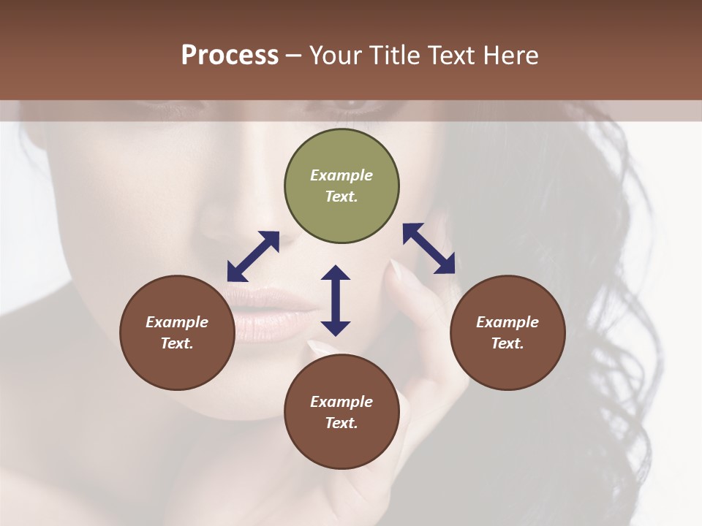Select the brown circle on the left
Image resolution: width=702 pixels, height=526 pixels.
click(177, 332)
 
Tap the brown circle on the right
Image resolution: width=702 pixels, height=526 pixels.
click(507, 332)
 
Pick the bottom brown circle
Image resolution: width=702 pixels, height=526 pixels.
click(341, 412)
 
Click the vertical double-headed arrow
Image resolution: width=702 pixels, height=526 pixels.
click(336, 300)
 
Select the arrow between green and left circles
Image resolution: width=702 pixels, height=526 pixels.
click(253, 256)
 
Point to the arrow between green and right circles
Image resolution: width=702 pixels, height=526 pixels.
click(429, 248)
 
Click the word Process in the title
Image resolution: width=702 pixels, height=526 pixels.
click(230, 56)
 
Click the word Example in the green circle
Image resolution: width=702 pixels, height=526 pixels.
click(341, 175)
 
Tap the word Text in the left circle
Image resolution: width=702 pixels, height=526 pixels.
click(177, 343)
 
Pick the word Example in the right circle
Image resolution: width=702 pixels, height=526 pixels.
click(507, 322)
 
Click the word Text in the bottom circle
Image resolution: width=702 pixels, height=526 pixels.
click(341, 423)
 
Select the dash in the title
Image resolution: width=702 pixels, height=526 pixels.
click(293, 56)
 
